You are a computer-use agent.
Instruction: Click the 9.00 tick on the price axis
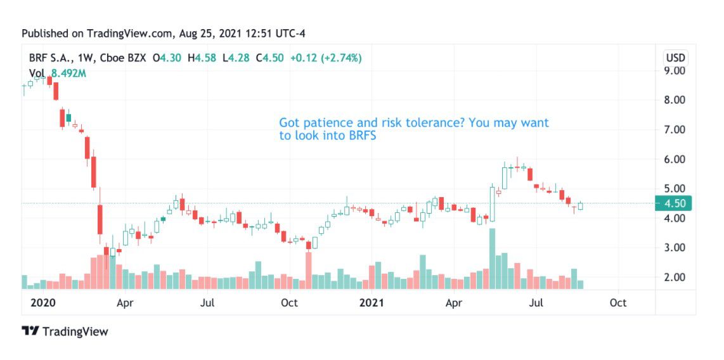tap(674, 70)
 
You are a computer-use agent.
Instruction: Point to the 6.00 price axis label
tap(674, 159)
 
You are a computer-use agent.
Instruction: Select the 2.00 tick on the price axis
tap(674, 277)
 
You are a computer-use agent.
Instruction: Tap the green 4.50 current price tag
tap(675, 203)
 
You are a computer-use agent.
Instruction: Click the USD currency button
tap(675, 58)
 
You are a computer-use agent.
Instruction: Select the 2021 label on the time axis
tap(373, 303)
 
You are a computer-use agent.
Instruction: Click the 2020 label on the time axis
tap(43, 303)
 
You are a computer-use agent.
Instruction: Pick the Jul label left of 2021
tap(207, 303)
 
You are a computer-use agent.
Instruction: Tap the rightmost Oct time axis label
tap(618, 303)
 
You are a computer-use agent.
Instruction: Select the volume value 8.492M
tap(68, 73)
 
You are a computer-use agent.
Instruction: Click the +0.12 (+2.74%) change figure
tap(326, 58)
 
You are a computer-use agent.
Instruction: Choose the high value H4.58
tap(205, 58)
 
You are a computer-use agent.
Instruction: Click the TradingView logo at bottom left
tap(65, 331)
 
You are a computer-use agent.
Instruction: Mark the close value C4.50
tap(269, 58)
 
